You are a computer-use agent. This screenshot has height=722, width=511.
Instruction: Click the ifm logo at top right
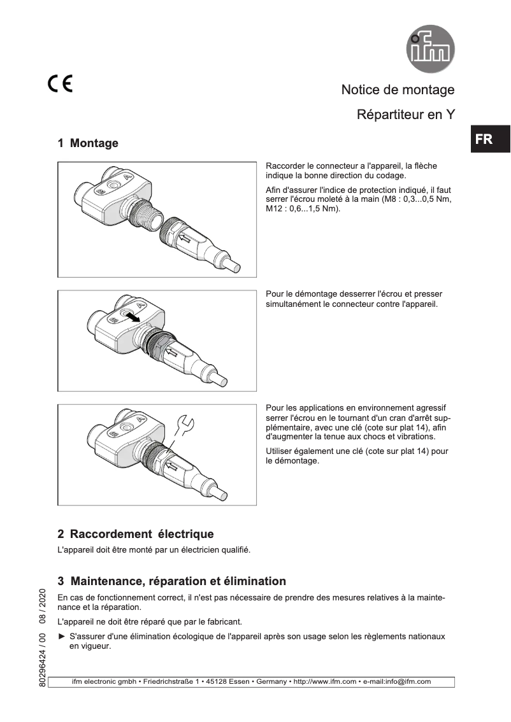click(x=431, y=48)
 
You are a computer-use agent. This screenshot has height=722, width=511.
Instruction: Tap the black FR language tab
click(x=484, y=139)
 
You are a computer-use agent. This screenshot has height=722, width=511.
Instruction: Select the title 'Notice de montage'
click(x=398, y=90)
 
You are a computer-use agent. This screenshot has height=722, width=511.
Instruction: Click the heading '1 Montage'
click(x=88, y=143)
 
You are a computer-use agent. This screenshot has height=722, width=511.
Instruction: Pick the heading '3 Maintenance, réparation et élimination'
click(x=171, y=581)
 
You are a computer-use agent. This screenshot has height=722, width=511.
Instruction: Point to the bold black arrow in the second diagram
click(x=132, y=317)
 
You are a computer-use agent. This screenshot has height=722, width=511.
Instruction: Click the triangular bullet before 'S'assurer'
click(x=62, y=637)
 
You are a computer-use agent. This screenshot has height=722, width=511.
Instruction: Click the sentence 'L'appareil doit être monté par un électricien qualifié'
click(x=154, y=549)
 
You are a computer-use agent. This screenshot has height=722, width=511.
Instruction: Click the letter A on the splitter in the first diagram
click(x=127, y=176)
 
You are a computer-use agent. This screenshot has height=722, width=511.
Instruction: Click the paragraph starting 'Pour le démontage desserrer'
click(x=354, y=299)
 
